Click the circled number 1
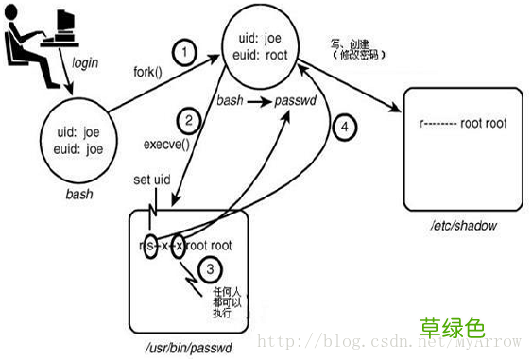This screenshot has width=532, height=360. pyautogui.click(x=186, y=51)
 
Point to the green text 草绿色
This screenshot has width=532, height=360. pyautogui.click(x=453, y=327)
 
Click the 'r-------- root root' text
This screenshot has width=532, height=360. pyautogui.click(x=462, y=123)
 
